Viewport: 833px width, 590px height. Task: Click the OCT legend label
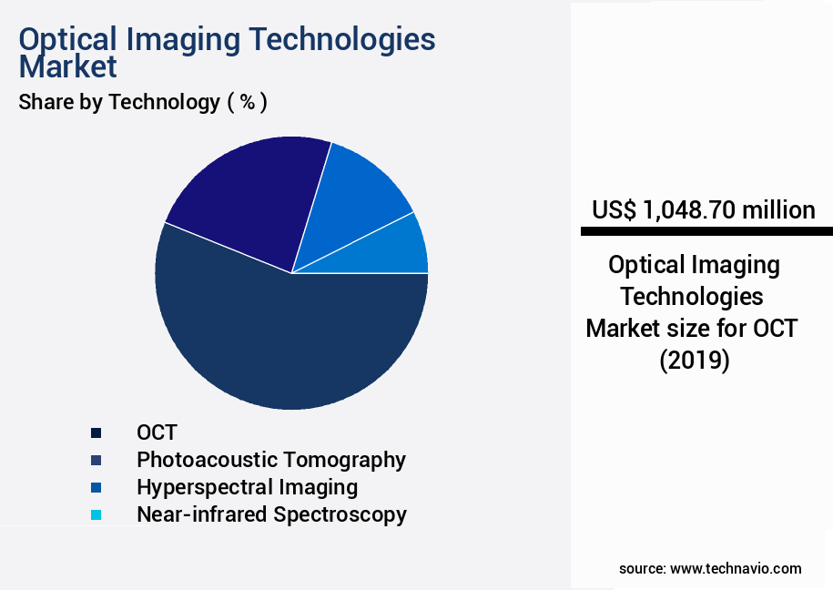pyautogui.click(x=157, y=432)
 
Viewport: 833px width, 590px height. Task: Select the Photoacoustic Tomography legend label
pyautogui.click(x=271, y=460)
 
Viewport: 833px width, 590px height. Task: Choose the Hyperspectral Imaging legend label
pyautogui.click(x=247, y=487)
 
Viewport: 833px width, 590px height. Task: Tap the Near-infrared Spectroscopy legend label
pyautogui.click(x=271, y=514)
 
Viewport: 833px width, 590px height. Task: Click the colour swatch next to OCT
pyautogui.click(x=96, y=432)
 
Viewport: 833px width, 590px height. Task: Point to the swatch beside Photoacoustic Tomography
pyautogui.click(x=96, y=460)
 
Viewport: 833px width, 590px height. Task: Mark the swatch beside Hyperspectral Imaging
pyautogui.click(x=96, y=487)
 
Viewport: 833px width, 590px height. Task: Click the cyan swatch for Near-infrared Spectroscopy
pyautogui.click(x=96, y=514)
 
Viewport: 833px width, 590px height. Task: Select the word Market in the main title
pyautogui.click(x=68, y=66)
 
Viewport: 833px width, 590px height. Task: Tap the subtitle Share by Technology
pyautogui.click(x=119, y=102)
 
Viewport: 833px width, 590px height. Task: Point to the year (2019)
pyautogui.click(x=695, y=360)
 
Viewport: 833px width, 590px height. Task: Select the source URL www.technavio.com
pyautogui.click(x=736, y=568)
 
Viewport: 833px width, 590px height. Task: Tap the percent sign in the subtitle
pyautogui.click(x=247, y=102)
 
